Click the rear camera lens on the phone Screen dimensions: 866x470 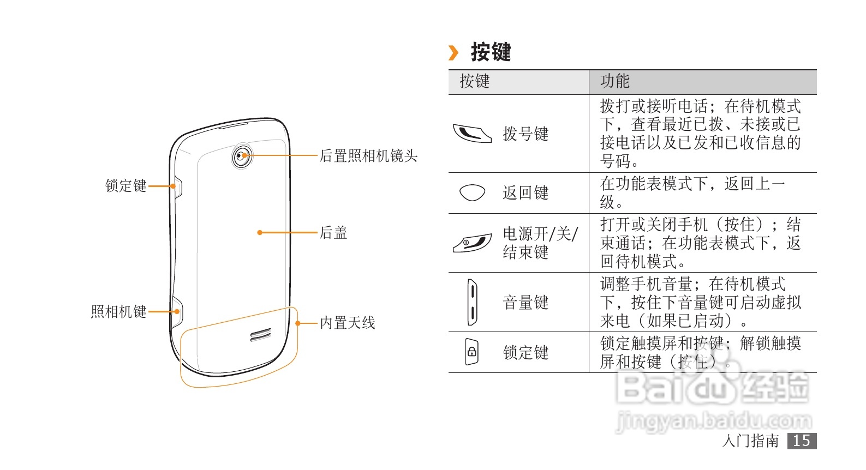(242, 156)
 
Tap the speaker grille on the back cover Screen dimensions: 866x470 (261, 335)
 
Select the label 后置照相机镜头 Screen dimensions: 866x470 (368, 156)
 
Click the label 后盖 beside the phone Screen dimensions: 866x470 (333, 233)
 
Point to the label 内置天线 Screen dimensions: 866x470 (348, 323)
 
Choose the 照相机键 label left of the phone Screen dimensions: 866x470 (119, 311)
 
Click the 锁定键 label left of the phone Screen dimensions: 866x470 (126, 186)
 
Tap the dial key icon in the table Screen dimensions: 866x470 (472, 132)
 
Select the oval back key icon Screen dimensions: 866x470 (472, 192)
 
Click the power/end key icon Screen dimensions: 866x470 (472, 243)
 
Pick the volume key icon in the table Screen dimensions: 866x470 (472, 302)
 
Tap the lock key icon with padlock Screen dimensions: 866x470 (471, 352)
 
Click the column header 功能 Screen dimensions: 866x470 (615, 81)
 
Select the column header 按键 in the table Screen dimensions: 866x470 (475, 81)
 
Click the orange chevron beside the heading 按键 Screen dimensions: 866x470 (453, 53)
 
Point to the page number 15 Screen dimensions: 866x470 (802, 441)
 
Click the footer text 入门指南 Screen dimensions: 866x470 (750, 441)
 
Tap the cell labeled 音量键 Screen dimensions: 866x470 (525, 302)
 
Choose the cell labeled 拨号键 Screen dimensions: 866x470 (525, 134)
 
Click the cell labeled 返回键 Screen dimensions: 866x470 (525, 192)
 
